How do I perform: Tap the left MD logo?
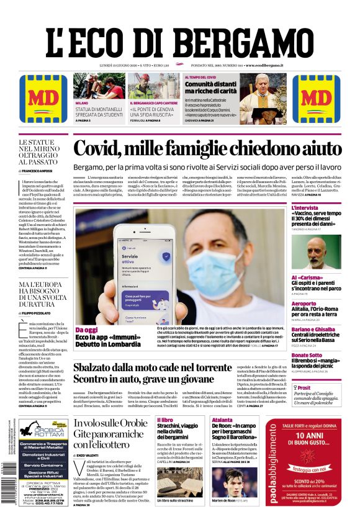click(x=39, y=99)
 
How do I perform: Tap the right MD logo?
click(x=320, y=99)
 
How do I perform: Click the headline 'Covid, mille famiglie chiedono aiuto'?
click(x=207, y=149)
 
